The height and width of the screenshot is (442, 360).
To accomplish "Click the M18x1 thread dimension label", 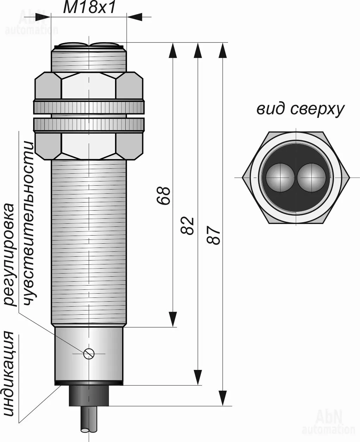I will click(x=89, y=7).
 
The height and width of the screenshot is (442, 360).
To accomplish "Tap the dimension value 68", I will click(x=164, y=196).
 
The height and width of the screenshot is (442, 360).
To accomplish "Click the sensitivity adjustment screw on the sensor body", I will click(x=89, y=353).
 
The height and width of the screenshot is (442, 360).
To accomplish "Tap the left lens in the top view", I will click(x=280, y=177).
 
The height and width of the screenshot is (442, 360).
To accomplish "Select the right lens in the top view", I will click(x=311, y=177).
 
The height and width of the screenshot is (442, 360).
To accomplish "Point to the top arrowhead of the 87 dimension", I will click(x=222, y=50).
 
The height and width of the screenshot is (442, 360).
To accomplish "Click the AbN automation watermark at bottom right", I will click(x=329, y=422).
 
